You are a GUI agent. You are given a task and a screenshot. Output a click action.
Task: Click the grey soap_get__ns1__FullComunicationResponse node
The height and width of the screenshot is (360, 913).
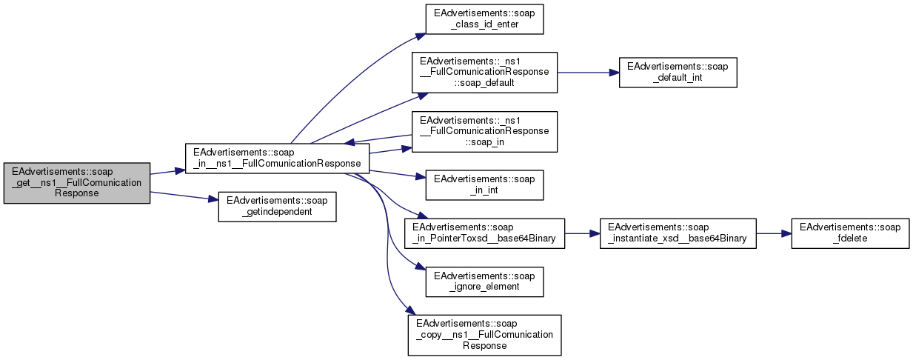pyautogui.click(x=77, y=183)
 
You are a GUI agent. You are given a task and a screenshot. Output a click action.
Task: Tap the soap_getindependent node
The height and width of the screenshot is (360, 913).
pyautogui.click(x=277, y=207)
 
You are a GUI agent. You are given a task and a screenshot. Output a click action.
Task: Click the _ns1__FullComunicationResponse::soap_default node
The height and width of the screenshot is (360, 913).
pyautogui.click(x=484, y=72)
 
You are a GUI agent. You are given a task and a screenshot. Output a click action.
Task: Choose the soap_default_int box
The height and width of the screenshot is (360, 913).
pyautogui.click(x=678, y=72)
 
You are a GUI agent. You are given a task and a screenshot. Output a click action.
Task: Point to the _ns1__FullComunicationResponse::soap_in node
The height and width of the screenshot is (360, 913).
pyautogui.click(x=484, y=131)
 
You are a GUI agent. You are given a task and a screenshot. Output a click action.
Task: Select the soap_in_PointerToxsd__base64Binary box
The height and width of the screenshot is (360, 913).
pyautogui.click(x=484, y=233)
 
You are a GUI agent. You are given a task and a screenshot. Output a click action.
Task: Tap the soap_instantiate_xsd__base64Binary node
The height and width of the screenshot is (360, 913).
pyautogui.click(x=678, y=233)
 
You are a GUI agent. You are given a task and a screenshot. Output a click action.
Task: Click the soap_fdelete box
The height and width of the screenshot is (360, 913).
pyautogui.click(x=850, y=233)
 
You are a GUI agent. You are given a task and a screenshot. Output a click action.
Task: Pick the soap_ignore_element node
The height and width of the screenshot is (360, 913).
pyautogui.click(x=484, y=280)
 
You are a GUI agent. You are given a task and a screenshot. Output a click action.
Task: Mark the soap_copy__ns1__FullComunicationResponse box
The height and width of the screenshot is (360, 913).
pyautogui.click(x=484, y=335)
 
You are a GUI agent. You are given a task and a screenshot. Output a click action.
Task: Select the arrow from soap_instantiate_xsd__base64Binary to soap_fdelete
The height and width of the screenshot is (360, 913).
pyautogui.click(x=773, y=233)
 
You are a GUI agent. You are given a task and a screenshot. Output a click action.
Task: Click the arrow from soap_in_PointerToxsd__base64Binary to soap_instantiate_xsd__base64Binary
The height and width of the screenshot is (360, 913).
pyautogui.click(x=582, y=233)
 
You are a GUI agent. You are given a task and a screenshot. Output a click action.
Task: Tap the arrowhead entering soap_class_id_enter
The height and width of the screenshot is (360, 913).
pyautogui.click(x=420, y=34)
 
